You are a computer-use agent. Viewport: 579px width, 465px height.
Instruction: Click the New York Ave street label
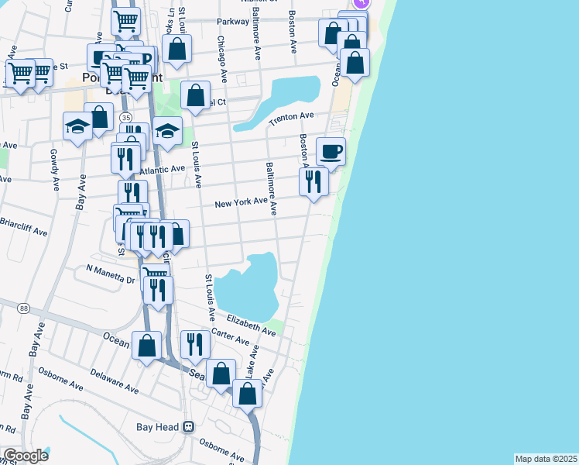[241, 204]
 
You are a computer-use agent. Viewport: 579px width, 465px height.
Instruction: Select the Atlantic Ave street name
[162, 169]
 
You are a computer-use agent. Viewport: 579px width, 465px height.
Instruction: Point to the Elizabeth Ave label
[251, 325]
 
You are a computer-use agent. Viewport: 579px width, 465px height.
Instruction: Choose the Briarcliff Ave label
[24, 232]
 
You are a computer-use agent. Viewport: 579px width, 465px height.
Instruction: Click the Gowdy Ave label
[54, 170]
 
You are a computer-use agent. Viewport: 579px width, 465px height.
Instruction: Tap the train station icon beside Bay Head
[187, 427]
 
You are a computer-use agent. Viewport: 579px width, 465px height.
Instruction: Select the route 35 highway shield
[125, 117]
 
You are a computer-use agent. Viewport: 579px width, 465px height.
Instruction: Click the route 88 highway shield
[25, 308]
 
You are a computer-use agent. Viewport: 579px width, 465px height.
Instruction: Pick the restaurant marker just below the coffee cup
[313, 182]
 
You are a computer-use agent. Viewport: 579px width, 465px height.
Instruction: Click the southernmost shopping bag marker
[247, 394]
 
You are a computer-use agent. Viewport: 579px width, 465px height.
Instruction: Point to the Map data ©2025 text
[546, 459]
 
